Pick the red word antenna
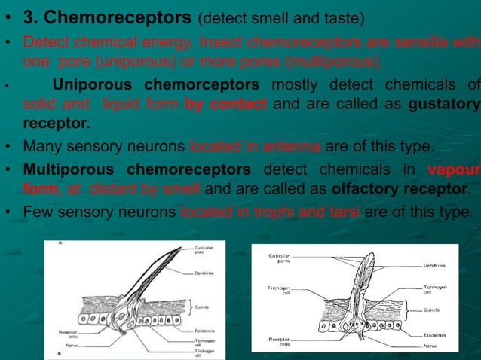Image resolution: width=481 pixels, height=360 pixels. (x=294, y=145)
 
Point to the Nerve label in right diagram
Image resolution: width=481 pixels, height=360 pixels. (x=430, y=346)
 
